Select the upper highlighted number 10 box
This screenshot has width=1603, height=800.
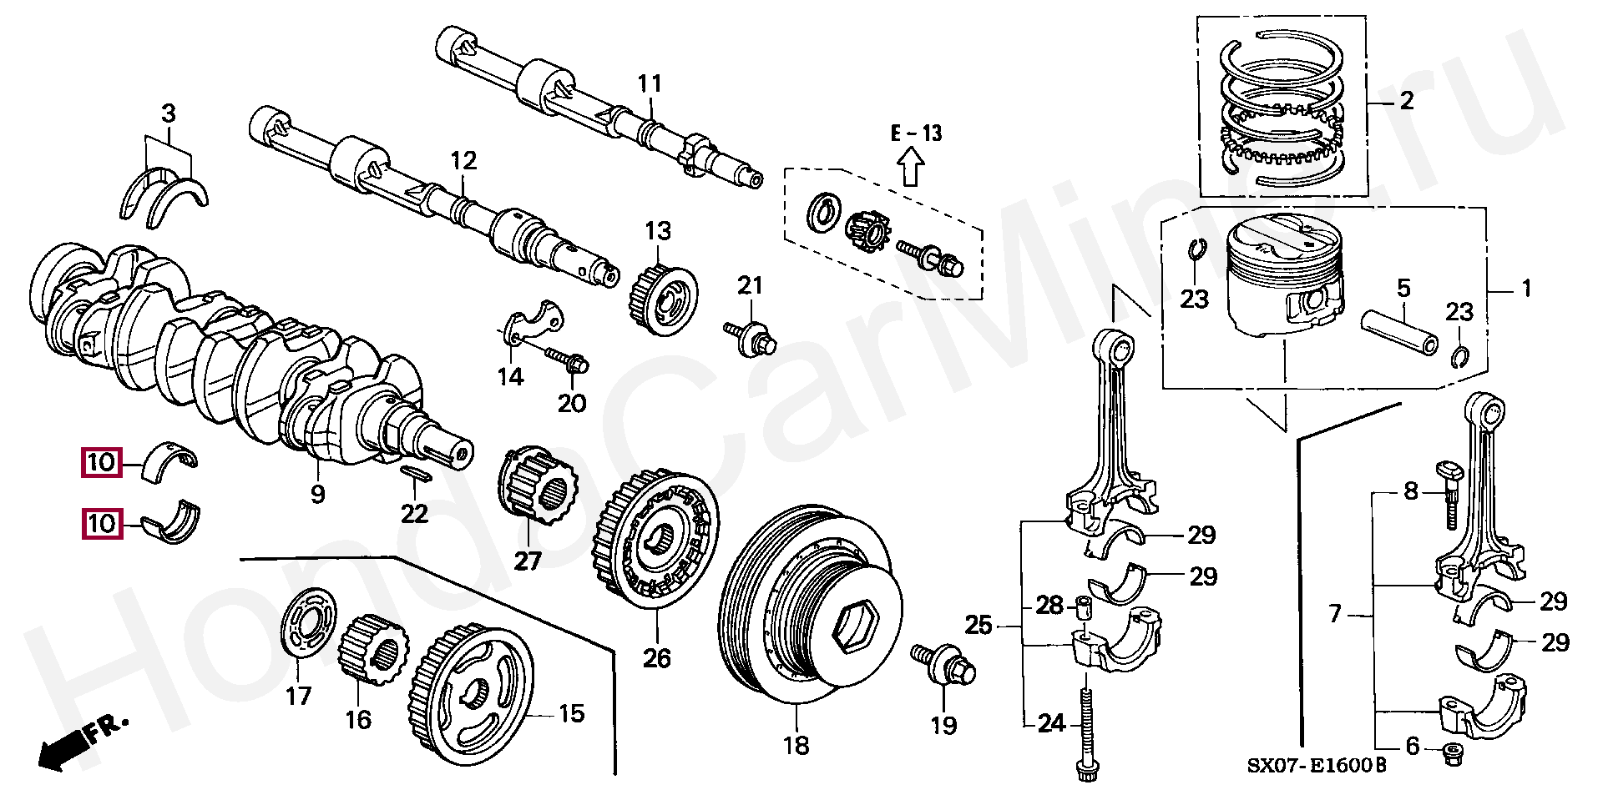(101, 462)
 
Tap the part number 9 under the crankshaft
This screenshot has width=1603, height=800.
(317, 494)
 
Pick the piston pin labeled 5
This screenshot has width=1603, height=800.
(1399, 332)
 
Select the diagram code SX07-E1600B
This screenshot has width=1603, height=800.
(1317, 765)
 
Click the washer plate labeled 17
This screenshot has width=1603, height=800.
(308, 621)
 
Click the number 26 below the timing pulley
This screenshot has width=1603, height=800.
(656, 658)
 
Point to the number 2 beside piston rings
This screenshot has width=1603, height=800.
(1406, 101)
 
